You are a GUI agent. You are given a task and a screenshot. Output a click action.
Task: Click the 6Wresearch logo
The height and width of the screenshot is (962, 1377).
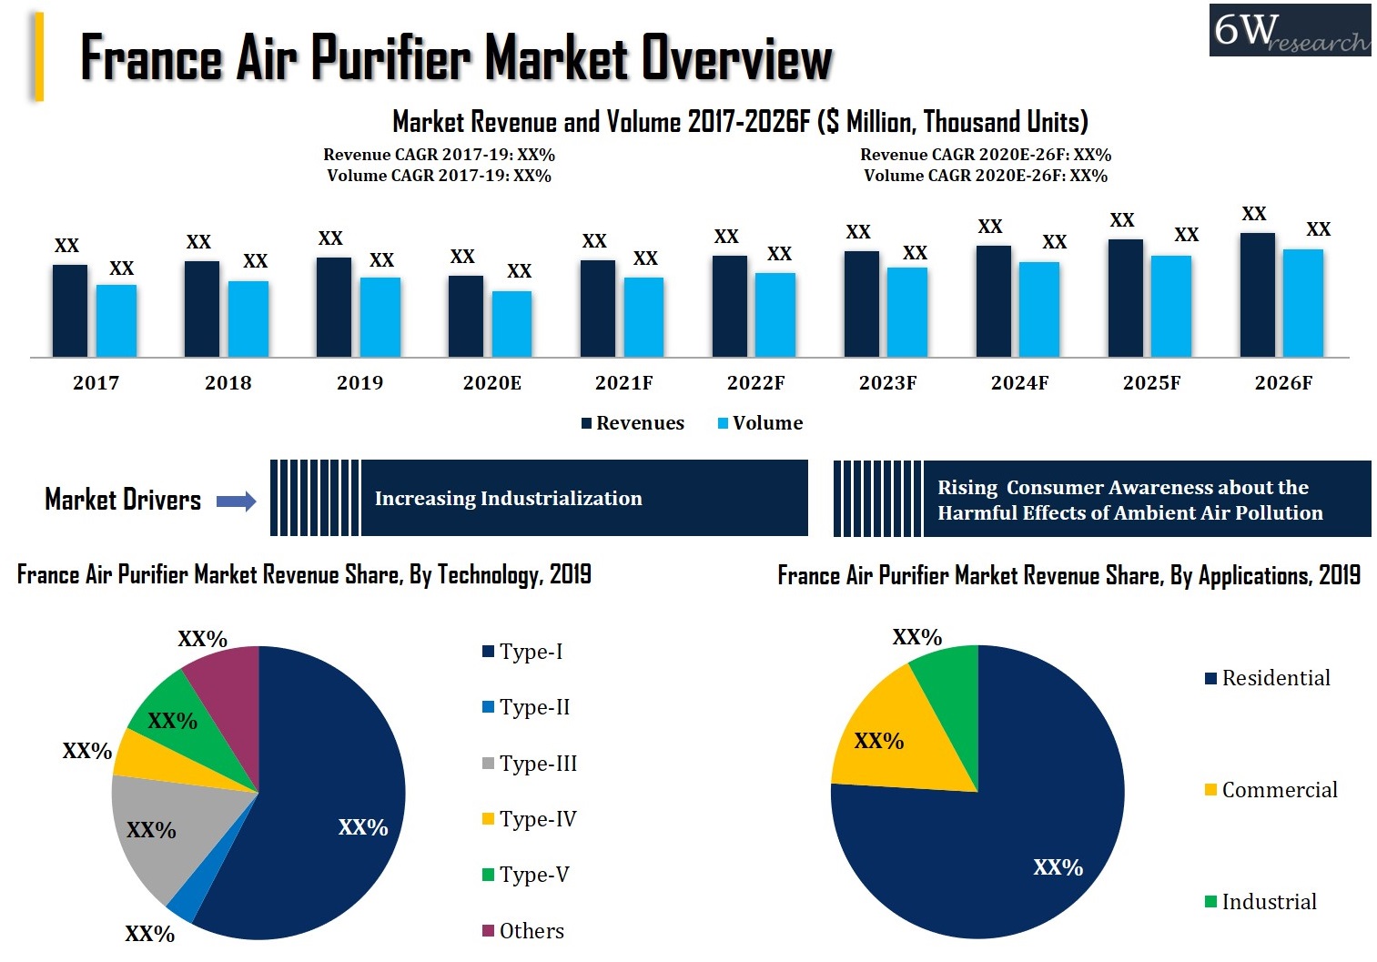[x=1289, y=31]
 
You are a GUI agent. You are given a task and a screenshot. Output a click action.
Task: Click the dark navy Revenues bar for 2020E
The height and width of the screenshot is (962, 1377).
[x=466, y=316]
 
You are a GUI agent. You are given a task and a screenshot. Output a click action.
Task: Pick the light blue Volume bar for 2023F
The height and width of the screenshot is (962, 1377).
[x=906, y=311]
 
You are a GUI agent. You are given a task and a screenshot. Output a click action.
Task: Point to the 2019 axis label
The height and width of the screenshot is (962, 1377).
[x=359, y=383]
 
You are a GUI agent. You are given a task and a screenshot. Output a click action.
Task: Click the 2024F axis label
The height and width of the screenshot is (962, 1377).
[x=1019, y=383]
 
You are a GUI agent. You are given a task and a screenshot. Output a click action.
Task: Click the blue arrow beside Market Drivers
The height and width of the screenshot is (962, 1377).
[x=236, y=501]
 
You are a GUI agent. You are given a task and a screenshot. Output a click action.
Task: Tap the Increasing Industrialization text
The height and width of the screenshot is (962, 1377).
[x=508, y=499]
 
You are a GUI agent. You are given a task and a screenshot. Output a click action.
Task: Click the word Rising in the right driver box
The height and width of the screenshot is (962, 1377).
[x=967, y=488]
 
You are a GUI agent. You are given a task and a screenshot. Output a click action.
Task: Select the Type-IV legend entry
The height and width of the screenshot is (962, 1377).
[x=529, y=819]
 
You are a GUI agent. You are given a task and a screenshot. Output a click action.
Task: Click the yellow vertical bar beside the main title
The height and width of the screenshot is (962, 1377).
[x=38, y=56]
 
